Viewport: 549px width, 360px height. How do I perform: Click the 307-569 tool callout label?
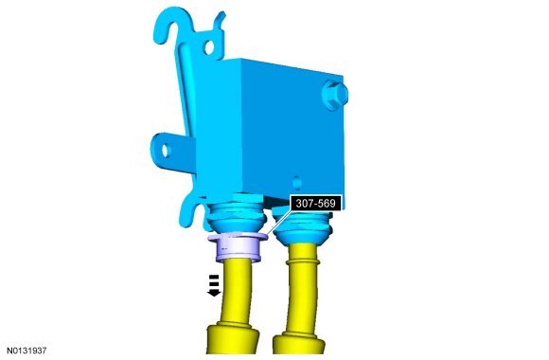pyautogui.click(x=315, y=204)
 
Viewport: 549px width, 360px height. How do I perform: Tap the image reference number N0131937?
pyautogui.click(x=27, y=351)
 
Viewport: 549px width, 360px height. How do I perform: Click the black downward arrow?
pyautogui.click(x=214, y=286)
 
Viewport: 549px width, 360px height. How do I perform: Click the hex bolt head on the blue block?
pyautogui.click(x=335, y=95)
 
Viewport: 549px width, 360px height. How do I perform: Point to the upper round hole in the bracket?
pyautogui.click(x=208, y=47)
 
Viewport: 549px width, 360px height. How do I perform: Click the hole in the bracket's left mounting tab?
pyautogui.click(x=165, y=151)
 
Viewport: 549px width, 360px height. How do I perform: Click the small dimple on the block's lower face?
pyautogui.click(x=297, y=183)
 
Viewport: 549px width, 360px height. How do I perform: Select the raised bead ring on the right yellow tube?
pyautogui.click(x=303, y=261)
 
